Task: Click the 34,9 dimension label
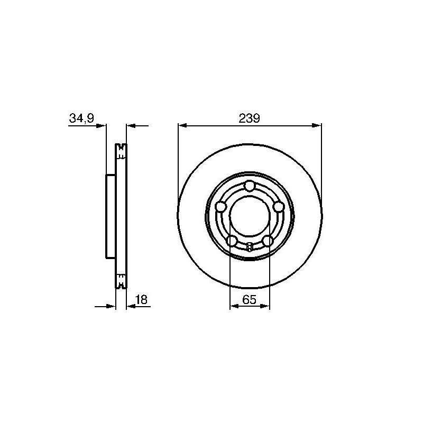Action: click(x=81, y=118)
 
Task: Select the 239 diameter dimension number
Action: click(x=249, y=118)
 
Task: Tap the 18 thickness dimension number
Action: click(x=141, y=299)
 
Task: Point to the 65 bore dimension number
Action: click(x=249, y=299)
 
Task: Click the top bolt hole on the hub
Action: click(x=249, y=186)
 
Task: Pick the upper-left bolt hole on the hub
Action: click(x=221, y=207)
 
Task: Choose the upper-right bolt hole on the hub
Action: click(x=279, y=207)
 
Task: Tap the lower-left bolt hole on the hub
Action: click(x=232, y=241)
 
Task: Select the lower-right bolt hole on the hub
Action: click(x=268, y=241)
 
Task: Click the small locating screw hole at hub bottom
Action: click(x=250, y=246)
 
